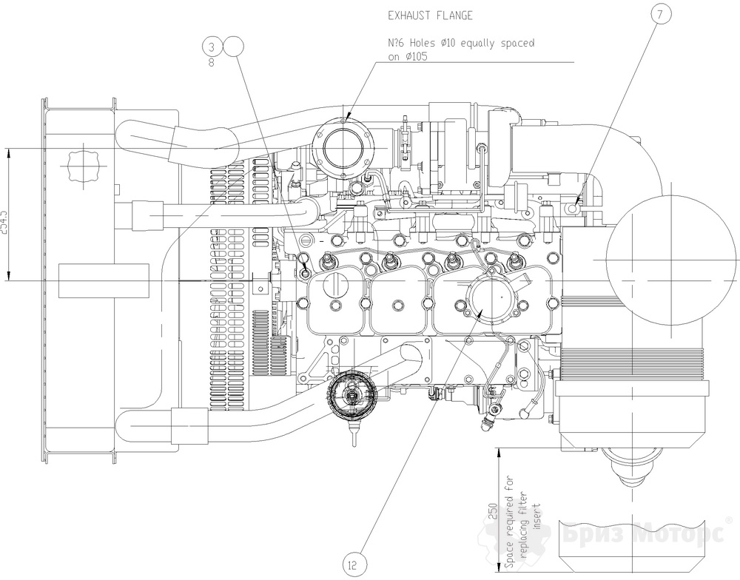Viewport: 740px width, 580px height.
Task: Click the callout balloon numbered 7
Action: (660, 13)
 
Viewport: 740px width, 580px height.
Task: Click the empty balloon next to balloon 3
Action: (232, 47)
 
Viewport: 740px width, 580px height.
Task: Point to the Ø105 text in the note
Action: (406, 55)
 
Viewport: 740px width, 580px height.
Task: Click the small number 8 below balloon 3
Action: (212, 63)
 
